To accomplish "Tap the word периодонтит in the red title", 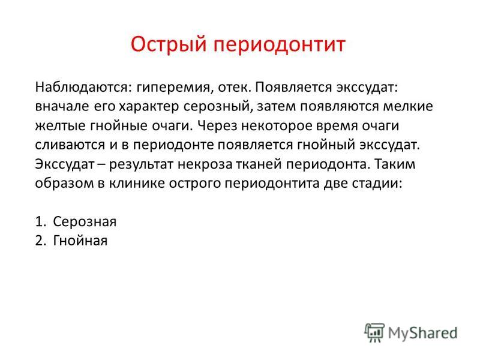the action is [x=279, y=44].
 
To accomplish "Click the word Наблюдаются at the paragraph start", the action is [x=83, y=87].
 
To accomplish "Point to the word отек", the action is [x=235, y=88].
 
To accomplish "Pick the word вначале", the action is [x=62, y=107].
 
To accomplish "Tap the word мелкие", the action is [x=408, y=107].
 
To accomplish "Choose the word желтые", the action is [x=59, y=126].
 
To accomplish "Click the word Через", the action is [x=217, y=126].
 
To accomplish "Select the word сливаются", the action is [x=70, y=145].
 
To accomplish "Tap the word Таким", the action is [x=395, y=164].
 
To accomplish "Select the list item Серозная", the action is [x=85, y=221].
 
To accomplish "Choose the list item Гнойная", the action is [x=80, y=241].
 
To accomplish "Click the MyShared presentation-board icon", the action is [x=374, y=332].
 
